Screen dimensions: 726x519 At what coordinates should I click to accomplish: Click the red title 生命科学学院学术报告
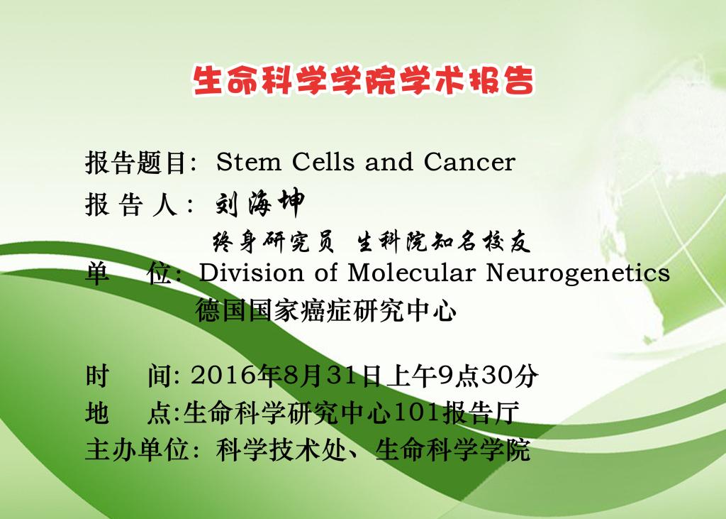(x=364, y=80)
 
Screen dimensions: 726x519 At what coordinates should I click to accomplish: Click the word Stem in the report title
(x=248, y=162)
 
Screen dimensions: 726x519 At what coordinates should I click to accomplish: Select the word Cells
(x=323, y=162)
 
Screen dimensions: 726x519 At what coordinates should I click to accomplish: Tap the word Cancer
(x=469, y=162)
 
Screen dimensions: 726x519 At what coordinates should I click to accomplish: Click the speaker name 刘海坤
(x=260, y=203)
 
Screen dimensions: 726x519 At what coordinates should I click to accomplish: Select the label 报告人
(x=131, y=204)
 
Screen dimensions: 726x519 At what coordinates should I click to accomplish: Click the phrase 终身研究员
(x=273, y=241)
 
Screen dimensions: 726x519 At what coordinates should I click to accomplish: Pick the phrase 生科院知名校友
(x=444, y=241)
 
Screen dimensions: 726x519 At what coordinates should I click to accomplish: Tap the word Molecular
(x=411, y=273)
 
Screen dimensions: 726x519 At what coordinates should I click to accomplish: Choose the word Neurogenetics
(x=578, y=273)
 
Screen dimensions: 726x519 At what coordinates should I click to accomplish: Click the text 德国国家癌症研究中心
(x=326, y=310)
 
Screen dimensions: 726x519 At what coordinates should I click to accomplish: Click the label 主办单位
(x=137, y=449)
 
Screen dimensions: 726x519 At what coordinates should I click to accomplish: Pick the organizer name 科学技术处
(x=281, y=449)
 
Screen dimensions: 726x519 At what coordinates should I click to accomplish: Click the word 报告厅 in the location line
(x=481, y=413)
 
